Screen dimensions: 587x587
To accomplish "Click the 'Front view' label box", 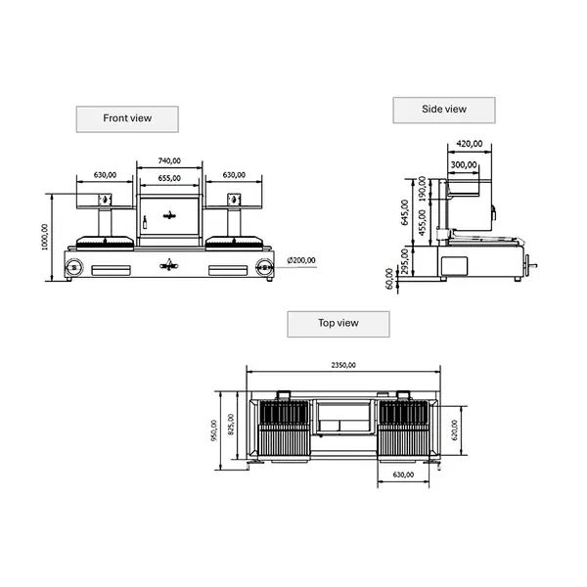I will [x=128, y=118].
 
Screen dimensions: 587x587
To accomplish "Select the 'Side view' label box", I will [x=444, y=110].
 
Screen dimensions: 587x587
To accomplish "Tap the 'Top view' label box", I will [x=338, y=323].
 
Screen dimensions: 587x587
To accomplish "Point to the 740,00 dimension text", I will [x=169, y=161].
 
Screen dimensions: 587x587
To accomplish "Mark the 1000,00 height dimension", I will [x=45, y=236].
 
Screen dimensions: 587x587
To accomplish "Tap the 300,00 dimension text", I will [x=465, y=164].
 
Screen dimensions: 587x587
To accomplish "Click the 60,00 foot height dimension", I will [x=390, y=279].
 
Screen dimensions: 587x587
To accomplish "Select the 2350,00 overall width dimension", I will [x=342, y=364].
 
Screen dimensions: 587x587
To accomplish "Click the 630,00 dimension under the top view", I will [x=404, y=475].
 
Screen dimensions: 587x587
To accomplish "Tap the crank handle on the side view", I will [x=529, y=264].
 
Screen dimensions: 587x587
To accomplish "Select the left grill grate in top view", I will [x=283, y=429].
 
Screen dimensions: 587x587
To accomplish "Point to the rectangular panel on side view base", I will [x=455, y=264].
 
